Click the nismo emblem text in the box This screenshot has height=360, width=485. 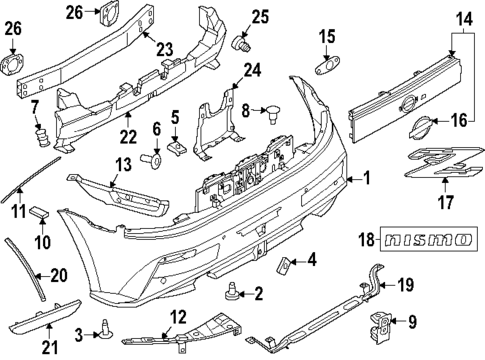(430, 240)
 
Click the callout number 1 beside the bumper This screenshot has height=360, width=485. (366, 180)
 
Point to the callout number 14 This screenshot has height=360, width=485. (461, 17)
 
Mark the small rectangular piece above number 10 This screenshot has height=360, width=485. (40, 210)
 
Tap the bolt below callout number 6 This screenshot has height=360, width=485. (153, 157)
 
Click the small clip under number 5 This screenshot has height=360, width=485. (177, 146)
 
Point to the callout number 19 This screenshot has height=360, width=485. (405, 284)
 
